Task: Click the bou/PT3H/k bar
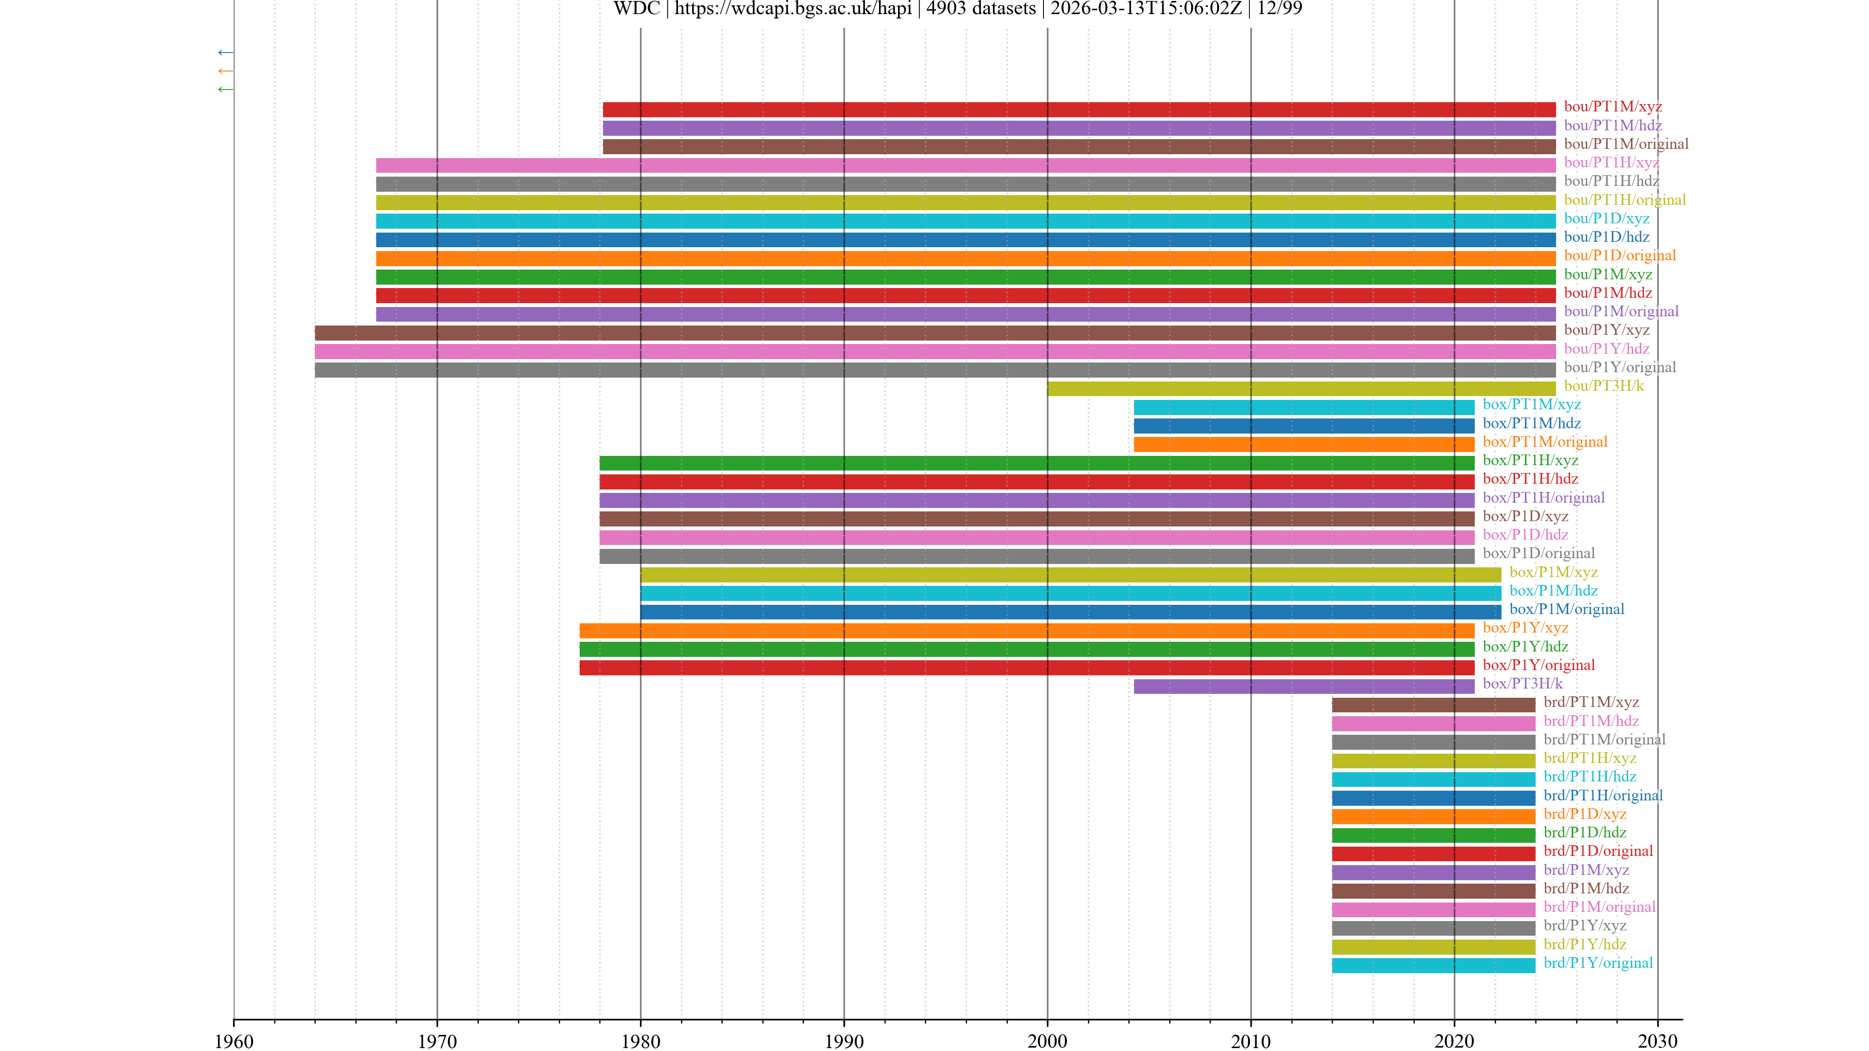coord(1301,389)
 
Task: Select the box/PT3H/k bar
coord(1304,686)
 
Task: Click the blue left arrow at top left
coord(226,52)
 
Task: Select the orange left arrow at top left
coord(226,71)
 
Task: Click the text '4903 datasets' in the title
coord(981,9)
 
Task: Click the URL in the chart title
coord(793,9)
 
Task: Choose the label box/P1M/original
coord(1566,609)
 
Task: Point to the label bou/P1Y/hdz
coord(1606,349)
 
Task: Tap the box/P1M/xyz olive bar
coord(1070,575)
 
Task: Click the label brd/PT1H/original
coord(1603,795)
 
